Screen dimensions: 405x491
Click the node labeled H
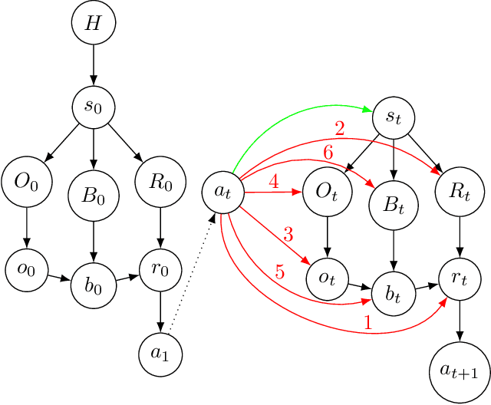point(93,24)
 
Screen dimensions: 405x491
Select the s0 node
point(93,106)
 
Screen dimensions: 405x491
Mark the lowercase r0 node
point(158,272)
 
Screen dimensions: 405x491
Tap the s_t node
point(393,117)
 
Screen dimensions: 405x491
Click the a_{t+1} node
point(460,372)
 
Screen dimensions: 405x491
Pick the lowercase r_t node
point(460,280)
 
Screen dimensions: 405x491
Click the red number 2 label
point(338,130)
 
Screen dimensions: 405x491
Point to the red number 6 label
point(328,154)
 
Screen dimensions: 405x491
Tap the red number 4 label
point(272,183)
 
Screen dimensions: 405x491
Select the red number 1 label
point(367,324)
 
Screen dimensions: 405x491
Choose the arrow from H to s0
point(93,64)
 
